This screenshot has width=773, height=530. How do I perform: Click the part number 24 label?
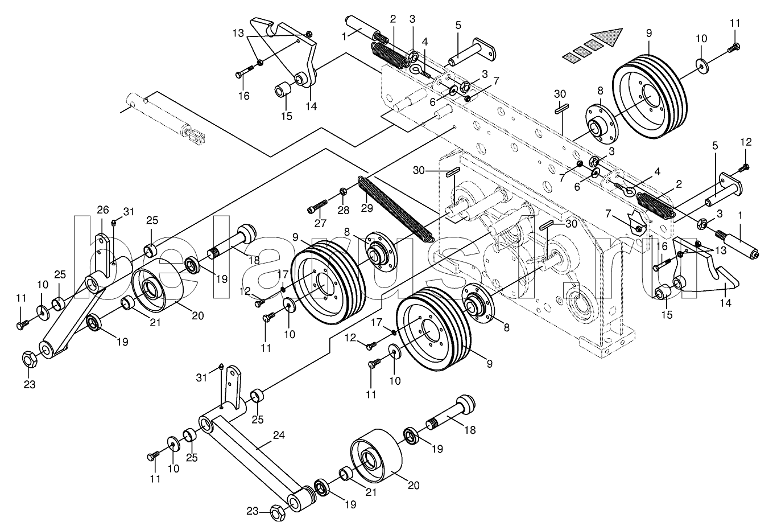click(279, 435)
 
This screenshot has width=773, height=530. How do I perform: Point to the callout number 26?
click(102, 209)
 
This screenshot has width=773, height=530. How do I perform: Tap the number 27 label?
click(320, 223)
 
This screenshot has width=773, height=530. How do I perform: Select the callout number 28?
click(344, 210)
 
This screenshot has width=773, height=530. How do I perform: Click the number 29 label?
click(367, 208)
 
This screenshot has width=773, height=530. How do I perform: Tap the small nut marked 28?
click(343, 191)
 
